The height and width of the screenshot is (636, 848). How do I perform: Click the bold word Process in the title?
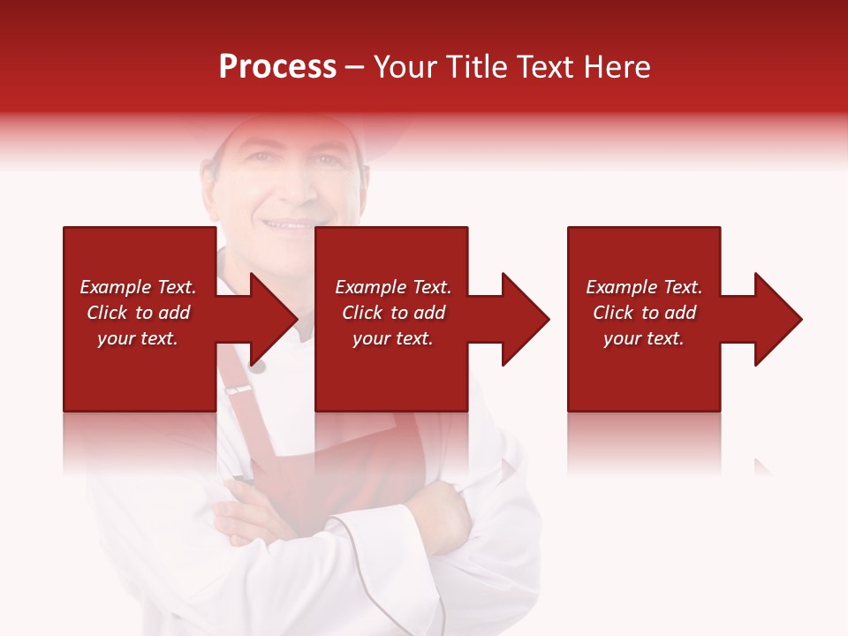277,67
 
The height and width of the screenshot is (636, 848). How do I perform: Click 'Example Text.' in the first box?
138,287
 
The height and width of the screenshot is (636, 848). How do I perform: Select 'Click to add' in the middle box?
393,313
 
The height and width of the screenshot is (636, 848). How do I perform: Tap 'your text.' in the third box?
643,338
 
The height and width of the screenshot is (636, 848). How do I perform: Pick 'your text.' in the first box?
138,338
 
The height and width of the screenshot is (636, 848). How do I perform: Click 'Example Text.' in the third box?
644,287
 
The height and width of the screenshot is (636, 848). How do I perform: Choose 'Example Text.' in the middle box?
393,287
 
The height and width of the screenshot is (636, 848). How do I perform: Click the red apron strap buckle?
238,389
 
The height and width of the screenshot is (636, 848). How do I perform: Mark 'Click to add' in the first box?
138,313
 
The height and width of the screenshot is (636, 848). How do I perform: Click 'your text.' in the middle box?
393,338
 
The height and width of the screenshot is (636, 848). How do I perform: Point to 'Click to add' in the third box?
644,313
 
